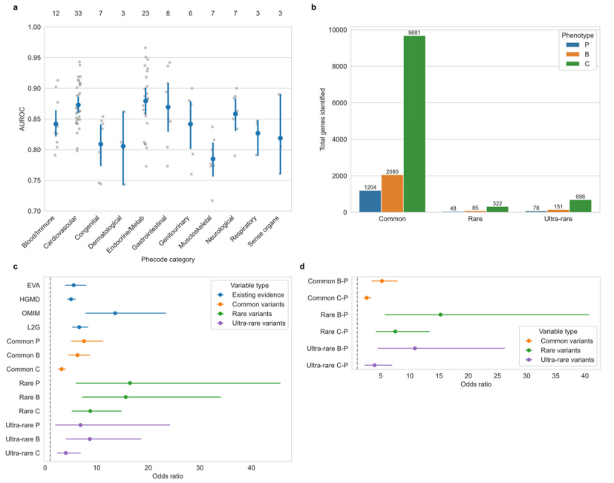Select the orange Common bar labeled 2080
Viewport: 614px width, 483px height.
coord(392,194)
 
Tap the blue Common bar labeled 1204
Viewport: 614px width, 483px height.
coord(370,201)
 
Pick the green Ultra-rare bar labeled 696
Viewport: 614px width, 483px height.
coord(580,206)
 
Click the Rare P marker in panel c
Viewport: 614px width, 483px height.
coord(130,383)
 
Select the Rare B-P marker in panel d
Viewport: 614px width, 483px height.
coord(440,315)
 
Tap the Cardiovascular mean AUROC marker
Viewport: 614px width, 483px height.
coord(78,105)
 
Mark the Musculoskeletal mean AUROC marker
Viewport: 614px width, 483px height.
coord(213,159)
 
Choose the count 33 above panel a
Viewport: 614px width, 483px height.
coord(78,13)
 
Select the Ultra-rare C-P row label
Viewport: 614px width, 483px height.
coord(332,365)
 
